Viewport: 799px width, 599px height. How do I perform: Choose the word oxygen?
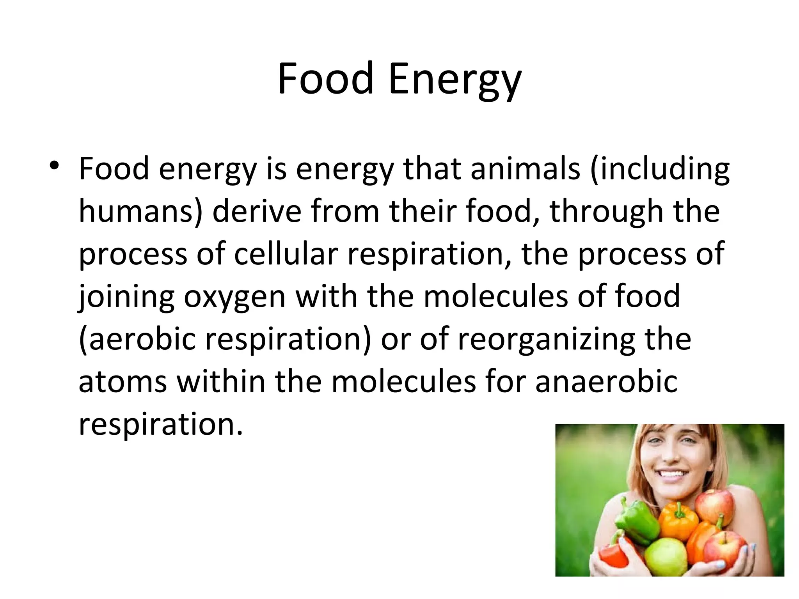tap(235, 297)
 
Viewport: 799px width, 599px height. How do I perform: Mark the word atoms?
tap(123, 381)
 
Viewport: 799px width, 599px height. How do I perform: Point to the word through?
tap(606, 211)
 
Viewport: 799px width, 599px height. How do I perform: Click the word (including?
tap(659, 169)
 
